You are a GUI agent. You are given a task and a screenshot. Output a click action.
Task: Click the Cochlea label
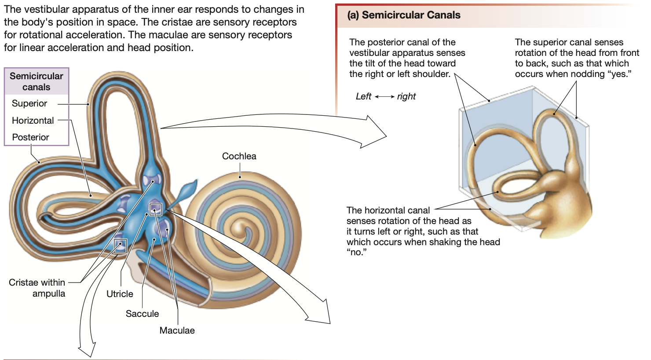pos(239,156)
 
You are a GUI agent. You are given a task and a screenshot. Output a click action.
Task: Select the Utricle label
pos(120,294)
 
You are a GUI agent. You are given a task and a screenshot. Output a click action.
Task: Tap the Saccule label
pos(142,314)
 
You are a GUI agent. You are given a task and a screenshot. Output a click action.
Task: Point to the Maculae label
pos(177,331)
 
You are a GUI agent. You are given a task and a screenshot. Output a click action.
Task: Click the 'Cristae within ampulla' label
pos(37,288)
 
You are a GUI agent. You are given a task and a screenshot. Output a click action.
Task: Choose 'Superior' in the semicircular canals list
pos(29,103)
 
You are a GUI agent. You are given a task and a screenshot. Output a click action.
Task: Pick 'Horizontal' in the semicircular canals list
pos(33,121)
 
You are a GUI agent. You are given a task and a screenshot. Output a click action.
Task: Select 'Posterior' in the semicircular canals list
pos(30,137)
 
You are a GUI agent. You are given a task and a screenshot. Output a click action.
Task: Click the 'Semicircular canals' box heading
pos(37,81)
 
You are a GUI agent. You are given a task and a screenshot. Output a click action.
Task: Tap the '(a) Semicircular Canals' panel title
pos(404,15)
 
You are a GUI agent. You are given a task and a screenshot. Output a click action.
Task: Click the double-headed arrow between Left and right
pos(384,97)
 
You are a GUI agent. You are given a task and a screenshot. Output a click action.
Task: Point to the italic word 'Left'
pos(363,96)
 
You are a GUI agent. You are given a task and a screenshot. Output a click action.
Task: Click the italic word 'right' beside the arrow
pos(406,96)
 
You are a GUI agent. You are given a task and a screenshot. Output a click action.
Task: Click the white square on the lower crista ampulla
pos(120,246)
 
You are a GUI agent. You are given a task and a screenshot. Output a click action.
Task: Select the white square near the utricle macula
pos(155,209)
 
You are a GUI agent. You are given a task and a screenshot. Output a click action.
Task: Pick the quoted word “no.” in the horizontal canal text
pos(356,253)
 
